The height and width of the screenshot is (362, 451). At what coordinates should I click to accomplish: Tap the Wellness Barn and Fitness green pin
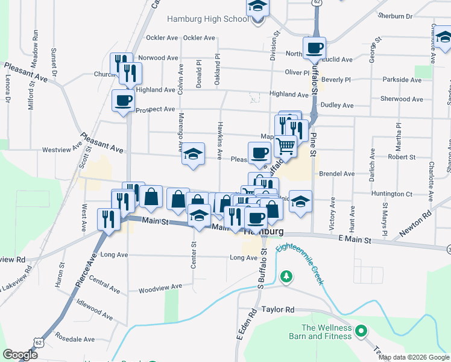tap(361, 331)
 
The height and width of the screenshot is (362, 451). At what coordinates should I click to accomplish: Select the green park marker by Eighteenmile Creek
tap(287, 276)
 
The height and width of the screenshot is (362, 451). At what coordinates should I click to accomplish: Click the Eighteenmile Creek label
tap(300, 259)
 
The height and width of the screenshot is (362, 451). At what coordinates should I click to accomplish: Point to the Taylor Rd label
tap(277, 310)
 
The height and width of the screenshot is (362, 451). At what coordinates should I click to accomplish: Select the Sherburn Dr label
tap(395, 16)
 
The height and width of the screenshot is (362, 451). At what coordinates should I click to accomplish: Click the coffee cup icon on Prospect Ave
tap(124, 100)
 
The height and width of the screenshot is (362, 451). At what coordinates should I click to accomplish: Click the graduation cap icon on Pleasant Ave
tap(193, 154)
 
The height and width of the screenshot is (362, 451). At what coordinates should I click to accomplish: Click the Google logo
tap(20, 355)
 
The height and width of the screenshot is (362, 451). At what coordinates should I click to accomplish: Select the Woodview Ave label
tap(157, 290)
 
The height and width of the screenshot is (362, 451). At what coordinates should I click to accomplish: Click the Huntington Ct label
tap(392, 194)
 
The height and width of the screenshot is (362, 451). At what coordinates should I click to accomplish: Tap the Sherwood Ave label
tap(401, 99)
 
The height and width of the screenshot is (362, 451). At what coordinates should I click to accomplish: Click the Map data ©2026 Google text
tap(414, 357)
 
